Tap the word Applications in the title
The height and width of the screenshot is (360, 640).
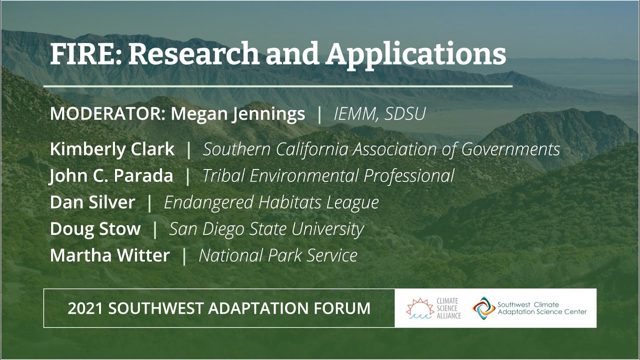416,54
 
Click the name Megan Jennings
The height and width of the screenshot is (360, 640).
237,114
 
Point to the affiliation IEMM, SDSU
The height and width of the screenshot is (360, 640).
379,114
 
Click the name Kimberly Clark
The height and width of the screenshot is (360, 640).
112,149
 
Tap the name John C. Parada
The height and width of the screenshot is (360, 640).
111,175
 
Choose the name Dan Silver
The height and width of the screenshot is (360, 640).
92,202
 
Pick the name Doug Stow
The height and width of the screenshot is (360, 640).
95,228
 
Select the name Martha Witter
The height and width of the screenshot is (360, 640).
110,255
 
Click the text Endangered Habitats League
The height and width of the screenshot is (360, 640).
271,202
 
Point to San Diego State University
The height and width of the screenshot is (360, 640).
266,228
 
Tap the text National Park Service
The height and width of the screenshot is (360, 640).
278,255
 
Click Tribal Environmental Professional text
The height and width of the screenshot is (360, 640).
328,175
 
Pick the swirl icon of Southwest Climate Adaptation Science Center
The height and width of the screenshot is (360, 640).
483,307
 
